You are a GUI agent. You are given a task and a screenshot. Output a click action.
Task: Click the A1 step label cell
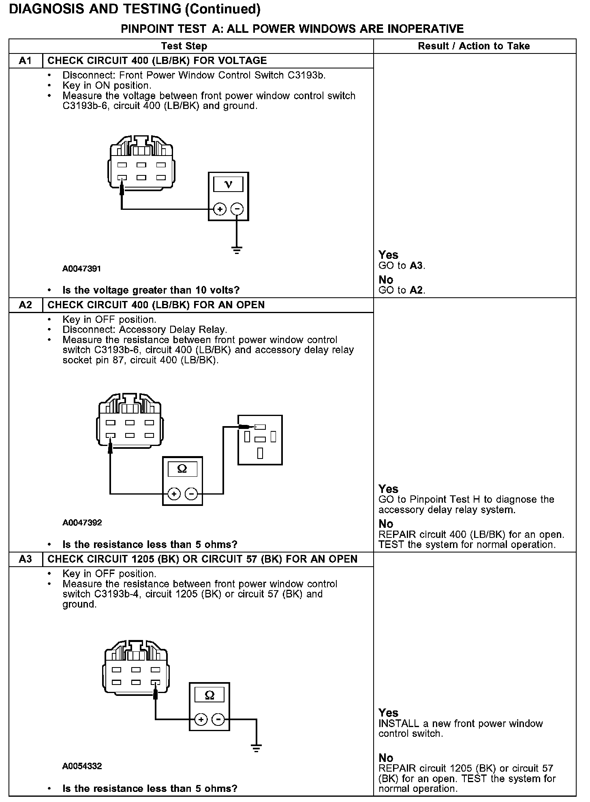[25, 61]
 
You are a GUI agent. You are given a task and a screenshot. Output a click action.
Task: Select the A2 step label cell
[25, 305]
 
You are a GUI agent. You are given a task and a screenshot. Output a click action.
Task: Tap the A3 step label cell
[25, 559]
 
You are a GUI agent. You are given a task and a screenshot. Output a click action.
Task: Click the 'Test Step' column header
[184, 46]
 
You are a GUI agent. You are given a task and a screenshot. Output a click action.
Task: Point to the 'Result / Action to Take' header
[474, 46]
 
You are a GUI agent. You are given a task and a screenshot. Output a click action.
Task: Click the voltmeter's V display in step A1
[228, 185]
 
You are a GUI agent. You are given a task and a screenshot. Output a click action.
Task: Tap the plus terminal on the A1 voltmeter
[220, 209]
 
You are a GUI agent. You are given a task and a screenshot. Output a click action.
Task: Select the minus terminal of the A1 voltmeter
[237, 209]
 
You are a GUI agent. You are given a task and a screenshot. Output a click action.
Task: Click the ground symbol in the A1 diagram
[237, 250]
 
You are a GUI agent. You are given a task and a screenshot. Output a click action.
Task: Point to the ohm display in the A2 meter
[182, 469]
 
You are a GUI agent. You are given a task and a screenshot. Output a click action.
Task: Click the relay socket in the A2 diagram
[260, 440]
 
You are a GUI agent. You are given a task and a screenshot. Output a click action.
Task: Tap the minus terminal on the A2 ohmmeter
[191, 494]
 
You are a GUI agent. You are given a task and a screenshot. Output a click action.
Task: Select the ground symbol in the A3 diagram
[256, 748]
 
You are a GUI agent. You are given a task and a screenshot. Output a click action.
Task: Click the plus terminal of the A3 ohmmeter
[201, 719]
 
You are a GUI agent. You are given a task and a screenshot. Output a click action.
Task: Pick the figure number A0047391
[82, 269]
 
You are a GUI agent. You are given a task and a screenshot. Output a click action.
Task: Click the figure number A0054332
[82, 766]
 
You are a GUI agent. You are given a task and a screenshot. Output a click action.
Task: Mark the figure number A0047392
[82, 523]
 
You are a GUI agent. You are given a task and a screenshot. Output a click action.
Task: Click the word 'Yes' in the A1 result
[388, 255]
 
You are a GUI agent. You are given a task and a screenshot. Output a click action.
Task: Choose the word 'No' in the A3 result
[386, 757]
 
